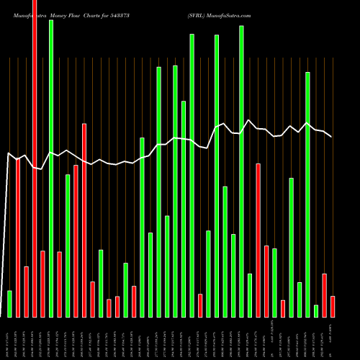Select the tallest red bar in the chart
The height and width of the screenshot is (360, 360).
click(35, 158)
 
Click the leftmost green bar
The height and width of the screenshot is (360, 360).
click(9, 303)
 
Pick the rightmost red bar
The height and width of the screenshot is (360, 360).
click(333, 306)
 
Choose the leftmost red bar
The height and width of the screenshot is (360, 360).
click(18, 238)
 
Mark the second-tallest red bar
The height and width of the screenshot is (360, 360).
click(84, 220)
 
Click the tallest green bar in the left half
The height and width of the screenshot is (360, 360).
click(51, 168)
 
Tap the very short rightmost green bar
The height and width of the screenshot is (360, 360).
click(316, 311)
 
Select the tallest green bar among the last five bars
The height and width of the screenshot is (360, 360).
click(307, 194)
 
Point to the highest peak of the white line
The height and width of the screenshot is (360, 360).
click(248, 120)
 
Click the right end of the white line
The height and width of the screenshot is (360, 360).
click(331, 137)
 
